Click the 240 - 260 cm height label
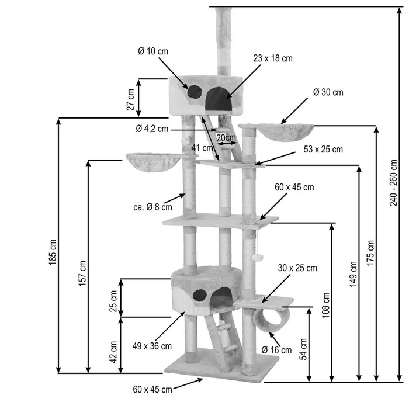[x=394, y=183]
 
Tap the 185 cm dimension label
[x=53, y=252]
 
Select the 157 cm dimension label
[x=82, y=273]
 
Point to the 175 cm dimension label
[x=370, y=253]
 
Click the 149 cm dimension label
[x=353, y=274]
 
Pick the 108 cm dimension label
[x=326, y=305]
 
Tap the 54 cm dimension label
[x=303, y=349]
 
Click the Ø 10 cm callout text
[x=153, y=51]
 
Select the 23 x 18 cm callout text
[x=273, y=58]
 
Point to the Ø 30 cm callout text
[x=328, y=92]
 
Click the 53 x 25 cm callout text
[x=323, y=149]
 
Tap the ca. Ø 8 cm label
[x=152, y=207]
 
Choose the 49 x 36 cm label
[x=152, y=346]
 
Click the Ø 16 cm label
[x=276, y=350]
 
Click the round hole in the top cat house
[x=195, y=92]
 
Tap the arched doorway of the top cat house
[x=219, y=99]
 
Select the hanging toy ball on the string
[x=255, y=258]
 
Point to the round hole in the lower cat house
[x=200, y=296]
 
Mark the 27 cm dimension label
[x=131, y=99]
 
